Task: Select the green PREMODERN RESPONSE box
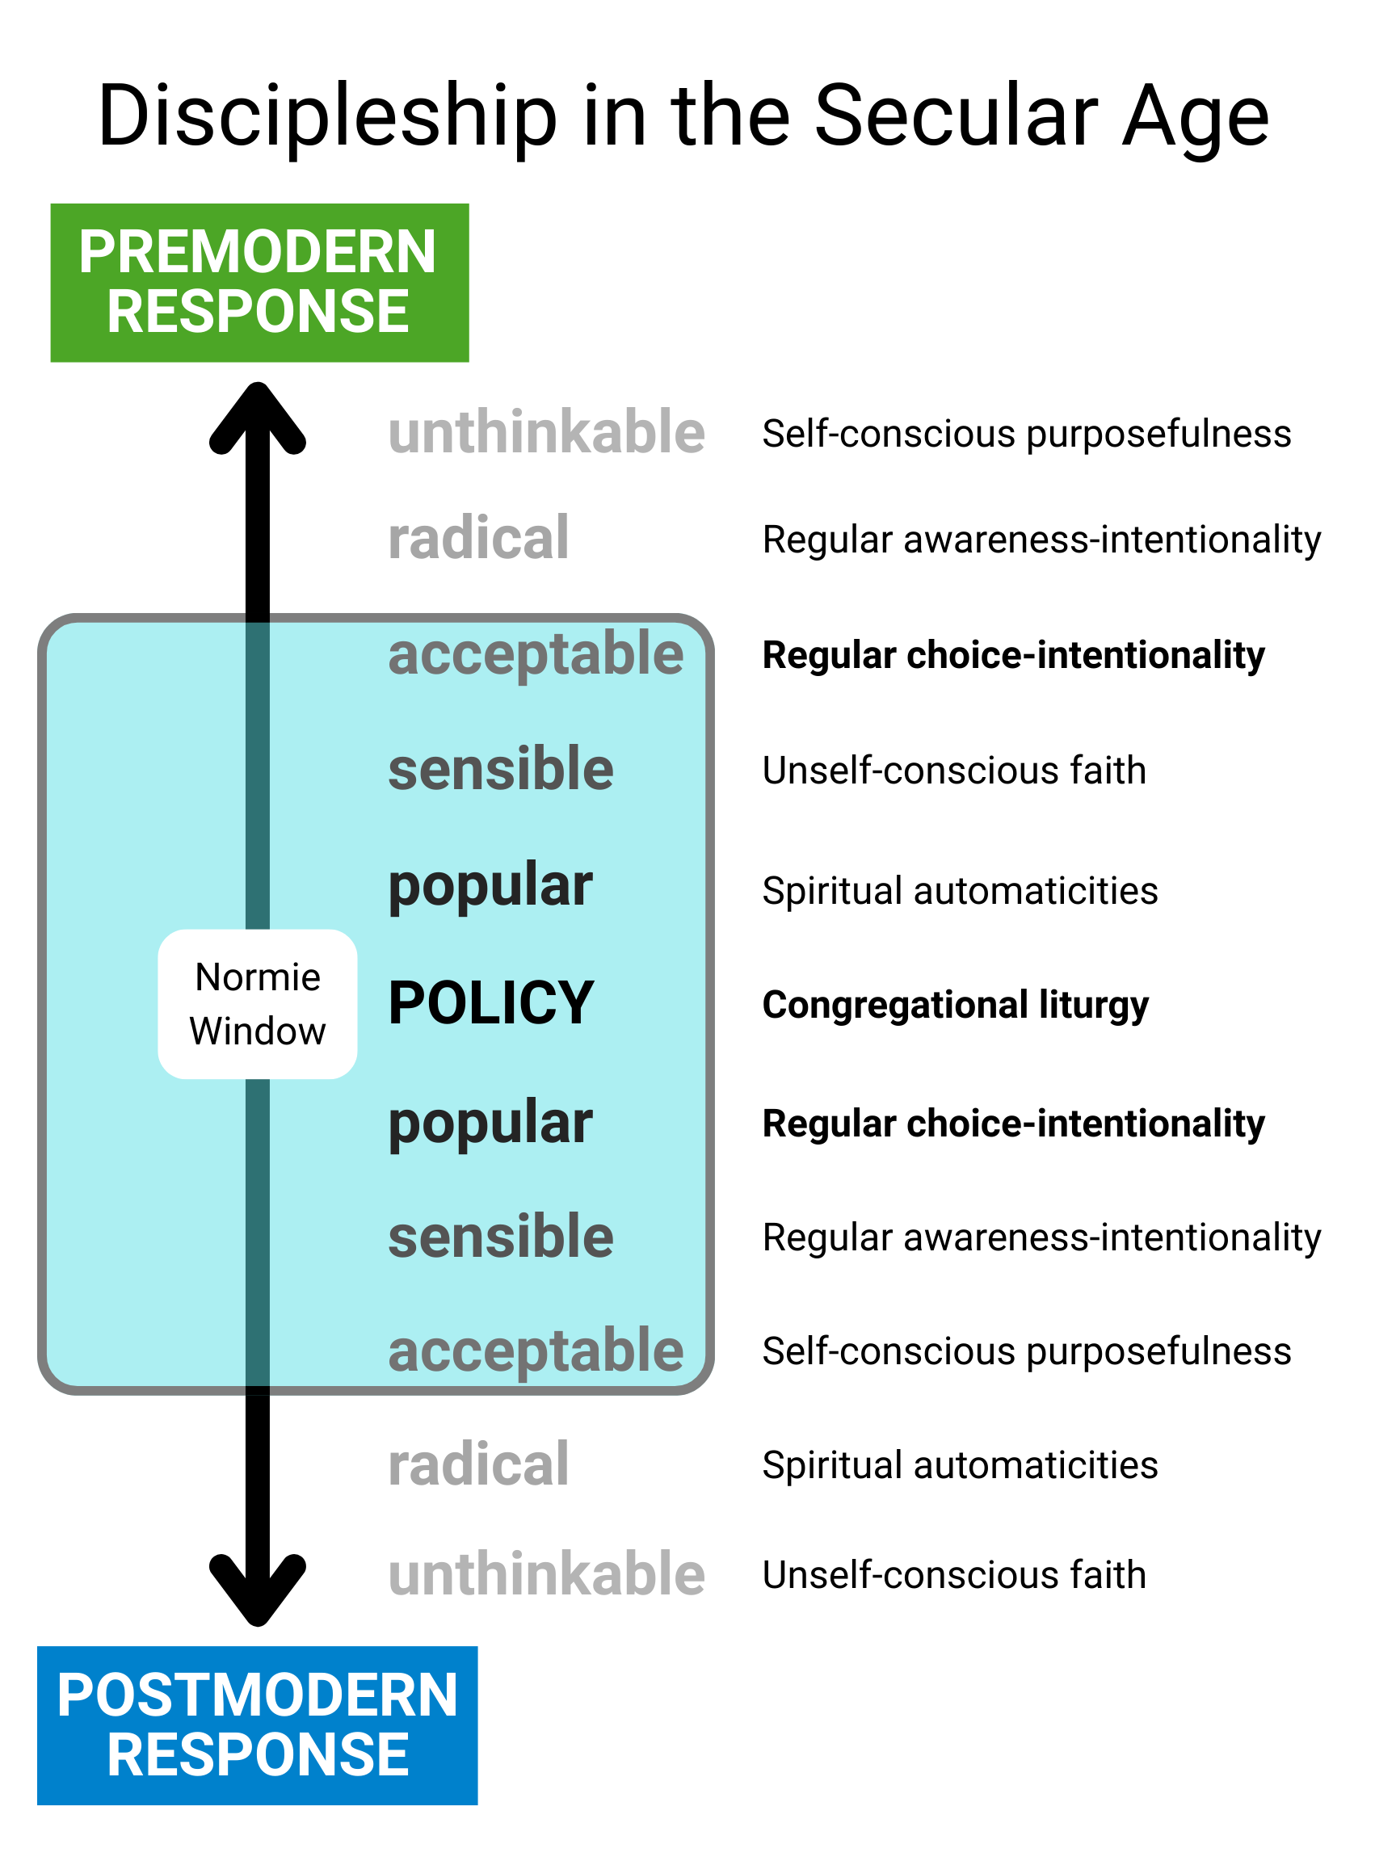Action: pyautogui.click(x=259, y=283)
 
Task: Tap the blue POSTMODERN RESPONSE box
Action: pyautogui.click(x=258, y=1724)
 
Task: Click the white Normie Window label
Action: pyautogui.click(x=258, y=1004)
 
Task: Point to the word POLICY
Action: pyautogui.click(x=491, y=1003)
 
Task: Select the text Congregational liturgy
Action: pyautogui.click(x=955, y=1005)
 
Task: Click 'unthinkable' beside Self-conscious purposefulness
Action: pyautogui.click(x=546, y=432)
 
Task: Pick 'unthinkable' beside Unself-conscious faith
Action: pyautogui.click(x=546, y=1574)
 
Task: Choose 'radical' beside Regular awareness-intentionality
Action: pyautogui.click(x=478, y=539)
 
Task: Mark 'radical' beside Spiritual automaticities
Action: pyautogui.click(x=478, y=1464)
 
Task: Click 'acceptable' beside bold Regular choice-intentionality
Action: pyautogui.click(x=535, y=654)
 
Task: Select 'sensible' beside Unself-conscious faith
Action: pyautogui.click(x=501, y=769)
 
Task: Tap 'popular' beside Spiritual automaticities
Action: pyautogui.click(x=490, y=886)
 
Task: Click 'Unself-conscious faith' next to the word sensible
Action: pyautogui.click(x=954, y=770)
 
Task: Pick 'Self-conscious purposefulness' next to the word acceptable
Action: pyautogui.click(x=1027, y=1351)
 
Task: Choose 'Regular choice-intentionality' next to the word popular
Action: pyautogui.click(x=1013, y=1124)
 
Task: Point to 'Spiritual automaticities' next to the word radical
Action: pyautogui.click(x=960, y=1464)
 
